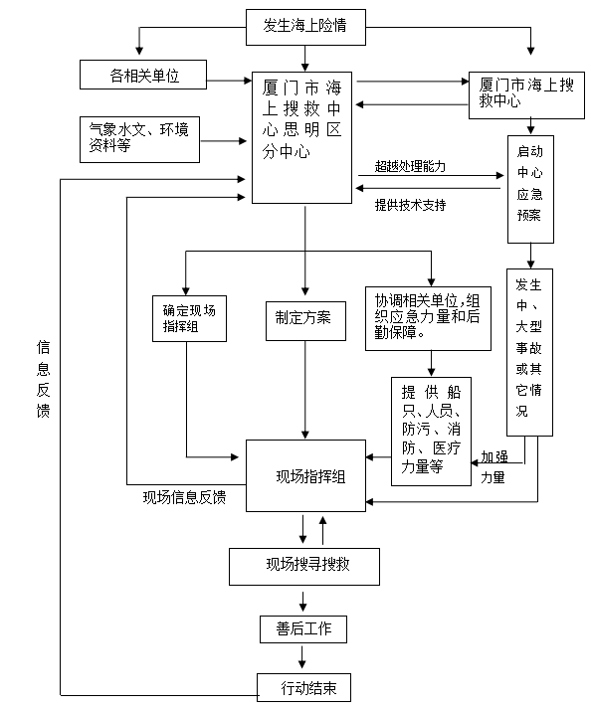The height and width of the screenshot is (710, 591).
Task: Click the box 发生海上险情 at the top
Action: (x=305, y=27)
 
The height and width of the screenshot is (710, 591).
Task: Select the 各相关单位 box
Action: (x=143, y=75)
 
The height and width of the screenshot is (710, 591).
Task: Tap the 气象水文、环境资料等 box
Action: (x=139, y=139)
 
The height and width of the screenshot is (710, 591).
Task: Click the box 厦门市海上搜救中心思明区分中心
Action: (x=301, y=137)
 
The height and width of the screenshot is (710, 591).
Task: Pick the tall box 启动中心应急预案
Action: (x=530, y=189)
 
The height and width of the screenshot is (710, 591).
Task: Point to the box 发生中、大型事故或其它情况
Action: (x=529, y=352)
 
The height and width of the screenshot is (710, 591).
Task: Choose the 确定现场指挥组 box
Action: (x=189, y=318)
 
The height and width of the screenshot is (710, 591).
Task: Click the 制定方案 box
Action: (x=305, y=321)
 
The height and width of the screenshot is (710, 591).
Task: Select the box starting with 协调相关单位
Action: (x=428, y=318)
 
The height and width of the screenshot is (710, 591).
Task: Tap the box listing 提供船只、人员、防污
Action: (x=431, y=432)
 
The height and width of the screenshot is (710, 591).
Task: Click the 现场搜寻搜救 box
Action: (x=304, y=567)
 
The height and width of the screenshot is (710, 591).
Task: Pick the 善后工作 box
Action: (x=303, y=628)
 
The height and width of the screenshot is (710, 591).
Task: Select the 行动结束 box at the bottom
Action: (x=303, y=687)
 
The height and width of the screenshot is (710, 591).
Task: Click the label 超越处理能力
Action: (x=410, y=167)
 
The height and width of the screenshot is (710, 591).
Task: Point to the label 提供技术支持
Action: (x=410, y=205)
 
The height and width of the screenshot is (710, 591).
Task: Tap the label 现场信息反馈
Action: (x=184, y=497)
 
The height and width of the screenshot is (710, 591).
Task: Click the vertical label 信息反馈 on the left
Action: (x=43, y=379)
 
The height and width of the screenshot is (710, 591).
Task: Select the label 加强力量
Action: (x=494, y=466)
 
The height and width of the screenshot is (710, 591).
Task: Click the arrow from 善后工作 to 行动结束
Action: (x=302, y=656)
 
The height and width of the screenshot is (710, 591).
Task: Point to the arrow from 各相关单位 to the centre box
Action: (x=229, y=81)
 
